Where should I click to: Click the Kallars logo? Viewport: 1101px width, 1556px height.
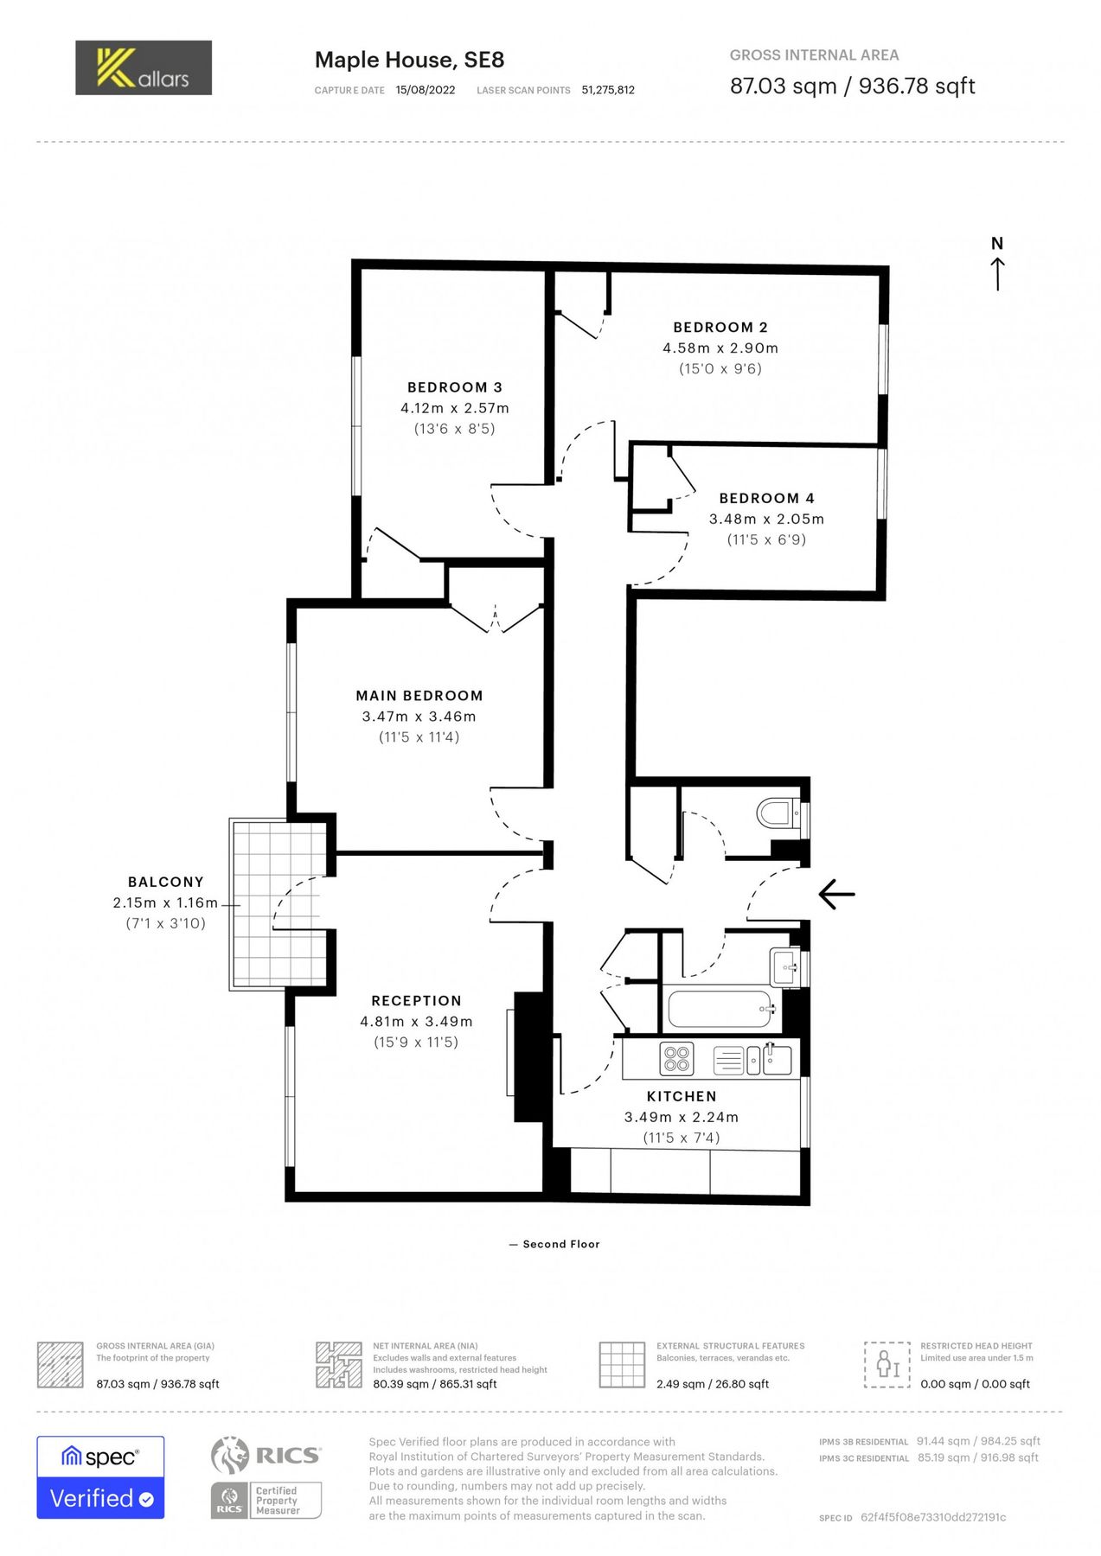(143, 67)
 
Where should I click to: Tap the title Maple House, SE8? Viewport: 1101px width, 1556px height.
(409, 60)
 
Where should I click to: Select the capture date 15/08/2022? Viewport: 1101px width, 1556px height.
(425, 90)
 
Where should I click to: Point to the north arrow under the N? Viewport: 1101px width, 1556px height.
(997, 273)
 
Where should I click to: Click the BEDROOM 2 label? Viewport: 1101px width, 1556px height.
(720, 327)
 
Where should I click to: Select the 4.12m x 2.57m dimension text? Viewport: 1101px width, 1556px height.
(454, 408)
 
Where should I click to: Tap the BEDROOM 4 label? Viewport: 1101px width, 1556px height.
(766, 498)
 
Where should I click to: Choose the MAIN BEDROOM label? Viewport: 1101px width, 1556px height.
(419, 695)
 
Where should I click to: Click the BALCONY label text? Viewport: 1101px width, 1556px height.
(165, 882)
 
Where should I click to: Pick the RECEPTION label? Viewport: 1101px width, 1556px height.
(416, 1000)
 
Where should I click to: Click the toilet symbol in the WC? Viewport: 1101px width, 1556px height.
(776, 813)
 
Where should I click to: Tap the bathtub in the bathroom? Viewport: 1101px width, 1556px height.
(720, 1009)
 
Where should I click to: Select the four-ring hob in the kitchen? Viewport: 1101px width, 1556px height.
(676, 1059)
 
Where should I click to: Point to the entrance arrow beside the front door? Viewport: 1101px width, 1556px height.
(836, 894)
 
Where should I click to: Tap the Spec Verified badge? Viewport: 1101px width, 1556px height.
(100, 1477)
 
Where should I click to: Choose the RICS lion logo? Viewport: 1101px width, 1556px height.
(230, 1455)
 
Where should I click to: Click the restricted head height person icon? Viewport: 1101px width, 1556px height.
(887, 1365)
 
